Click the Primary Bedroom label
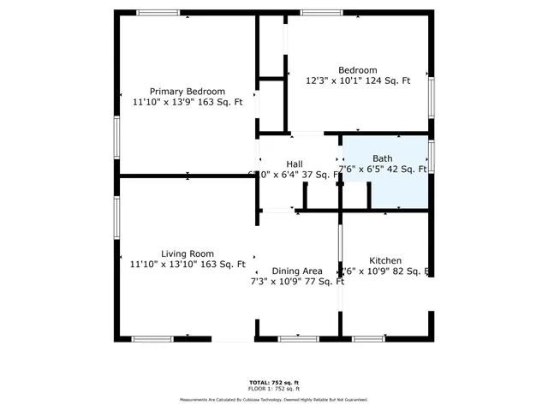[x=188, y=92]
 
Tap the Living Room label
[x=188, y=253]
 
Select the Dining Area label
[x=297, y=271]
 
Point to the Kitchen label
[x=385, y=260]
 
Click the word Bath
[x=382, y=158]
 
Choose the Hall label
[x=295, y=164]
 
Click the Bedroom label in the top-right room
[x=357, y=70]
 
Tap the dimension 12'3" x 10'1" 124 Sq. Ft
[x=359, y=81]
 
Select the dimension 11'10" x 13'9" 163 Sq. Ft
[x=188, y=102]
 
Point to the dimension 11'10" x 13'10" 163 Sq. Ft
[x=188, y=265]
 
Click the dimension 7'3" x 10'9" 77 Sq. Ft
[x=297, y=281]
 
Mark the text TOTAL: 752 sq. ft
[x=274, y=382]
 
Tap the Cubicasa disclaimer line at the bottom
[x=274, y=400]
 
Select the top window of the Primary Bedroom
[x=158, y=13]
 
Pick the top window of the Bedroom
[x=321, y=13]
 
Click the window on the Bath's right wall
[x=432, y=157]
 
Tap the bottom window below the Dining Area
[x=299, y=339]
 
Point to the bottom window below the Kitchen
[x=368, y=339]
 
